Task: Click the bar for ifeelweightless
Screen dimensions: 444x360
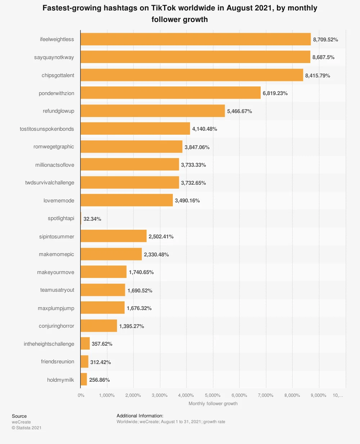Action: (x=195, y=39)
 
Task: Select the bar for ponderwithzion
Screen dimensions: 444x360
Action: (x=170, y=93)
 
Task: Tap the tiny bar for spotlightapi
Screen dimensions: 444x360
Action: (x=81, y=219)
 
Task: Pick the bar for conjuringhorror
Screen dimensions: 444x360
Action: (x=99, y=326)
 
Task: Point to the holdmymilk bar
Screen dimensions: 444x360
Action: (x=84, y=380)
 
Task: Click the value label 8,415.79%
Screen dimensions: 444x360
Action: (x=318, y=76)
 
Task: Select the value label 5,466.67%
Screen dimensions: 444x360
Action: (x=239, y=111)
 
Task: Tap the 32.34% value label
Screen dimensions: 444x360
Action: (x=92, y=219)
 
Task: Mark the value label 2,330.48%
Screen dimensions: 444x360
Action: (x=156, y=255)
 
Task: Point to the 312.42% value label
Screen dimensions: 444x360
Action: (x=100, y=362)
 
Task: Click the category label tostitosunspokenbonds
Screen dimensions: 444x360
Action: (x=47, y=129)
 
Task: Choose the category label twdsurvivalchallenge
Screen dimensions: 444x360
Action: (x=50, y=183)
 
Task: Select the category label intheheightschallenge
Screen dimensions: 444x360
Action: (x=49, y=344)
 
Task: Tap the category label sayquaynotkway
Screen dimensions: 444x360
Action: (x=54, y=57)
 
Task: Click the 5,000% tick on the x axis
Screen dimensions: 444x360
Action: (x=213, y=395)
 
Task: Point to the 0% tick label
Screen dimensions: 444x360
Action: (x=81, y=395)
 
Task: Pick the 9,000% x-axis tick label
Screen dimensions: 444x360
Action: (x=318, y=395)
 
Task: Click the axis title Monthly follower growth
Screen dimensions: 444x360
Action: (x=213, y=404)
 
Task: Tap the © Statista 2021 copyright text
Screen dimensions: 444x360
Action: (x=27, y=428)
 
